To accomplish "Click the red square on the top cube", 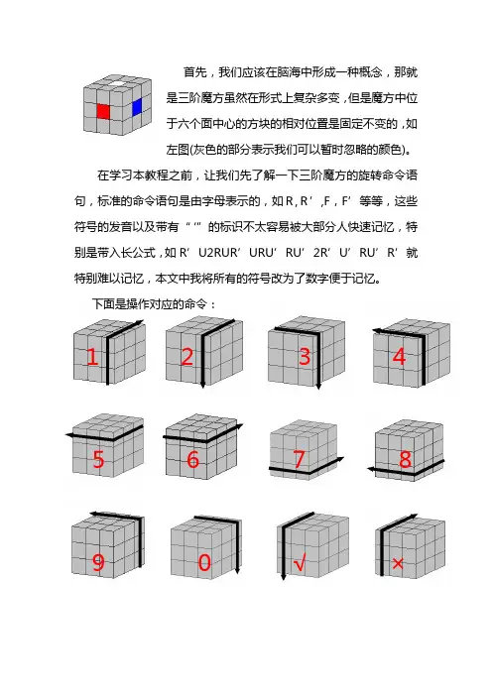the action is (103, 111).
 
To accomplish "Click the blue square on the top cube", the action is (137, 106).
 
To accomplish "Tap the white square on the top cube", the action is (117, 82).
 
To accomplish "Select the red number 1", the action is (92, 357).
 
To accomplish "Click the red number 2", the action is (187, 357).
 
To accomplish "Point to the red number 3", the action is (305, 357).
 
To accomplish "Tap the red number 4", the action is (399, 357).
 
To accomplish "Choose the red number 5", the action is (98, 459).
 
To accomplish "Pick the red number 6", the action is (192, 459).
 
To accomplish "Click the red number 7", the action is (300, 459).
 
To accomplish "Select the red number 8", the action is (405, 459).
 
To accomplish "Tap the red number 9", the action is (98, 563).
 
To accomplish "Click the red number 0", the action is (204, 563).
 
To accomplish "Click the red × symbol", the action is (398, 564).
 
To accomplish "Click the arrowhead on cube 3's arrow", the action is (318, 387).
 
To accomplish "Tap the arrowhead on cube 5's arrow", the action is (69, 435).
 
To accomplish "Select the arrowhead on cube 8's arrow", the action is (371, 469).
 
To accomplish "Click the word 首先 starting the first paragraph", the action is (195, 72).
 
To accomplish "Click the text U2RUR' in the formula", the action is (219, 253).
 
